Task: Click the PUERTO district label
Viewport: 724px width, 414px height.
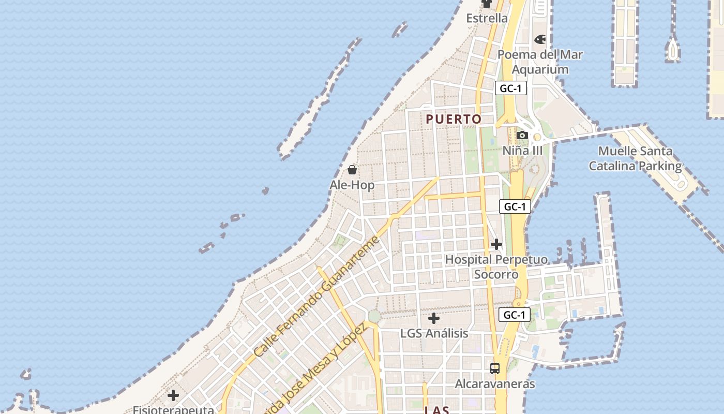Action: pos(454,119)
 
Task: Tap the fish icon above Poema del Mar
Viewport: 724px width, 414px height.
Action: pos(540,39)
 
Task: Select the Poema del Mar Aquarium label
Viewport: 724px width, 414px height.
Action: pos(540,62)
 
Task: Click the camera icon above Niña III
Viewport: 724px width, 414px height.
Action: pos(522,136)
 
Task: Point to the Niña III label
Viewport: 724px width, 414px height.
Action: pos(523,151)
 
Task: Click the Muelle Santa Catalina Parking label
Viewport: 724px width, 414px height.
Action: pos(635,159)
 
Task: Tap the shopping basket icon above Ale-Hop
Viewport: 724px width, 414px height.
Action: pos(352,170)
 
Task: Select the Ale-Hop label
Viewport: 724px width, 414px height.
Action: pos(352,185)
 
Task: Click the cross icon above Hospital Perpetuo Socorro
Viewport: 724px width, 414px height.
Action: pos(496,244)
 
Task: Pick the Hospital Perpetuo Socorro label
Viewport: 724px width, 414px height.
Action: pos(496,267)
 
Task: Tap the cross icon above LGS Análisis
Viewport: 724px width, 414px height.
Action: pos(434,318)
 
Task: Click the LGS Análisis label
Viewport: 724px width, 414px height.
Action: pos(434,334)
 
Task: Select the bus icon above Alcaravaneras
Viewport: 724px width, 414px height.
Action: pos(495,368)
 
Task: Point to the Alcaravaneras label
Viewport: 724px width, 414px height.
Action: pos(495,384)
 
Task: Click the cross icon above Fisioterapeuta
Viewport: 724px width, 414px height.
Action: pos(173,396)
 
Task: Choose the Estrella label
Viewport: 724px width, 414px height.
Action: pos(487,19)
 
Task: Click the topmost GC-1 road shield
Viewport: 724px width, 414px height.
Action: pos(510,88)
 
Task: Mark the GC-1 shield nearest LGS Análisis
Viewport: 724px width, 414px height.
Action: pos(515,315)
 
